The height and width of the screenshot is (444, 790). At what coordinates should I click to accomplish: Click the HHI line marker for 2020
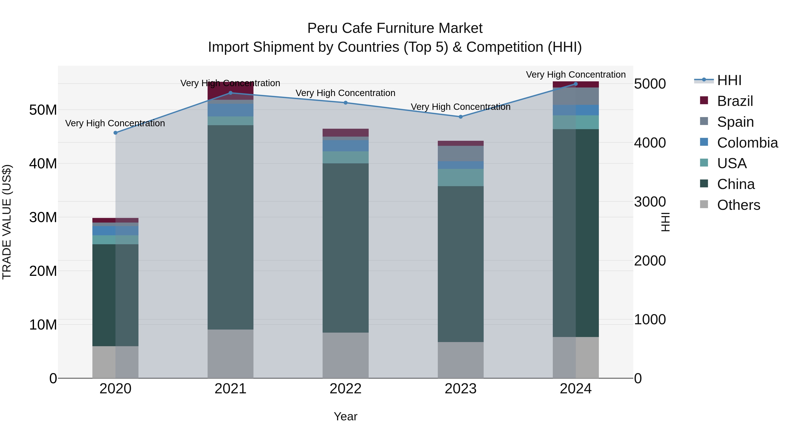tap(115, 133)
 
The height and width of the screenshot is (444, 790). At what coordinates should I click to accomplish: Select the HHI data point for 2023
tap(460, 117)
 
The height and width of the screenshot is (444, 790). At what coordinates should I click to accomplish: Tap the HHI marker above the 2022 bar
tap(345, 103)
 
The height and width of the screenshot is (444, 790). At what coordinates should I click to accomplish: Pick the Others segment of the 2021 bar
tap(230, 354)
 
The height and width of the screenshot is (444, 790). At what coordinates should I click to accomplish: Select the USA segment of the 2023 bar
tap(460, 177)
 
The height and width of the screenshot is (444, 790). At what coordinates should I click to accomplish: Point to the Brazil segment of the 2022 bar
tap(345, 132)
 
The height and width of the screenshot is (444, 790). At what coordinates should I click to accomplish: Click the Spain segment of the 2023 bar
tap(460, 153)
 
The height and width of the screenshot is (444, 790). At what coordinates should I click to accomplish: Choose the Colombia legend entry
tap(747, 143)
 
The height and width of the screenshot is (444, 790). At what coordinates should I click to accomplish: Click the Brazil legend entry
tap(735, 101)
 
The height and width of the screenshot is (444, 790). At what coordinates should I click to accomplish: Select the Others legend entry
tap(738, 205)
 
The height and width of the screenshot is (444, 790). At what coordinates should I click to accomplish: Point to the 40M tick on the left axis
tap(43, 164)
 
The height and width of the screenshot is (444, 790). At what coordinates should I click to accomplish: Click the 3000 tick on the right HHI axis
tap(650, 202)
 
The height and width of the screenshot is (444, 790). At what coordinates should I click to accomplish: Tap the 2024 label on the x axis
tap(575, 389)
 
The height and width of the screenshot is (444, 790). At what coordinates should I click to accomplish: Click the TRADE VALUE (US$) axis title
tap(7, 222)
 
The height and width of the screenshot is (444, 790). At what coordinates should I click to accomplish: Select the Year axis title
tap(345, 416)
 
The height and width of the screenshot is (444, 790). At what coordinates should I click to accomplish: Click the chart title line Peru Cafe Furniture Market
tap(395, 28)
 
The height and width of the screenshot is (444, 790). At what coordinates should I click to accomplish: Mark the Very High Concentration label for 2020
tap(115, 123)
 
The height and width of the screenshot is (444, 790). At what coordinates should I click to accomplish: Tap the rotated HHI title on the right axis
tap(665, 222)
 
